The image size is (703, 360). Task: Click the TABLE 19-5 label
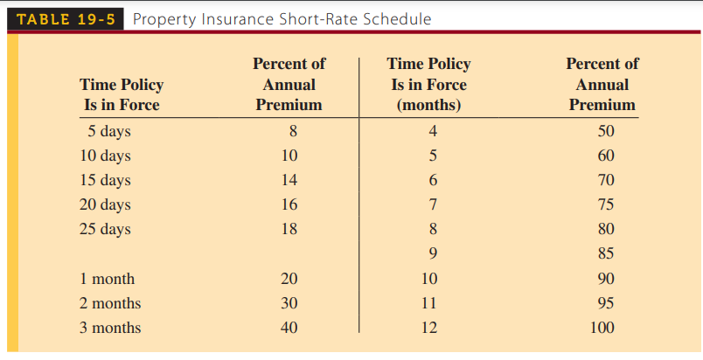coord(66,19)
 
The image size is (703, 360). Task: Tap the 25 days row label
coord(105,229)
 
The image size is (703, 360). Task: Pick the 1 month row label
coord(108,279)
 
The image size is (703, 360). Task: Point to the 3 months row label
coord(110,328)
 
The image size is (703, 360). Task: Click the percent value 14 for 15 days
coord(289,180)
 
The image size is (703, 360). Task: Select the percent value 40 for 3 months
coord(289,328)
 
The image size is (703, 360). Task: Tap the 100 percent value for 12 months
coord(602,328)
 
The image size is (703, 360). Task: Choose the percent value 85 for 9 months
coord(606,254)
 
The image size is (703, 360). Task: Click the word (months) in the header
coord(429,105)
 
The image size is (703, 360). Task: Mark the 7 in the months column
coord(433,204)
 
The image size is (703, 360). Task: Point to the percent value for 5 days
coord(293,131)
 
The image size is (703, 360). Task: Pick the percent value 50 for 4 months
coord(606,131)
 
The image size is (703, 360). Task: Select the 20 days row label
coord(105,204)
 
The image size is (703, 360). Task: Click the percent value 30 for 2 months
coord(289,303)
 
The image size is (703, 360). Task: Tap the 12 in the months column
coord(429,328)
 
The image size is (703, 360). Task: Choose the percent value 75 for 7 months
coord(606,204)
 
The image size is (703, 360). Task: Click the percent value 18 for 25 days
coord(289,229)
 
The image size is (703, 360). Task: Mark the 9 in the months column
coord(433,254)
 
